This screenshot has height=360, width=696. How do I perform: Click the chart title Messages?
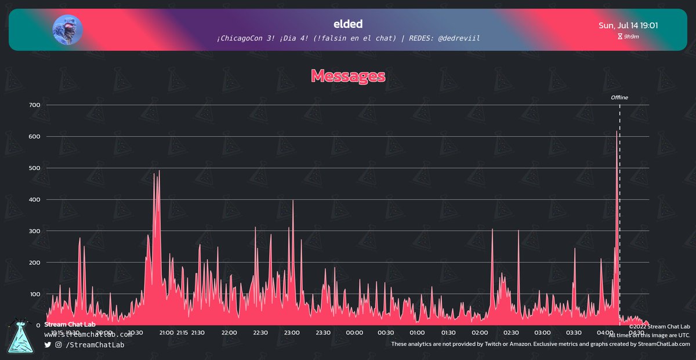click(348, 75)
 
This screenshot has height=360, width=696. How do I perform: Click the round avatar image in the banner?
click(68, 29)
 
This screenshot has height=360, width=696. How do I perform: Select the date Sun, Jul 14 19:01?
click(628, 26)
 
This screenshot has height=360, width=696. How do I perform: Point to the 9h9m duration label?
click(631, 37)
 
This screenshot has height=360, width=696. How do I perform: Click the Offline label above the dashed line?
click(619, 97)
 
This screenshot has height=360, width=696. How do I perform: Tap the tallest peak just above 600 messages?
click(617, 132)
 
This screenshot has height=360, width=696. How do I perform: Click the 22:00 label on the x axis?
click(229, 333)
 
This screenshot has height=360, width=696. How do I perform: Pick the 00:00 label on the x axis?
click(354, 333)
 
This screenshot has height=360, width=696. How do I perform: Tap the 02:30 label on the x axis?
click(511, 333)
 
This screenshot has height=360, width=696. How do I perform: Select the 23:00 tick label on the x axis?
click(292, 333)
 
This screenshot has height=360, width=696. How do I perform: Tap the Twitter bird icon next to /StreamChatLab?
click(48, 345)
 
